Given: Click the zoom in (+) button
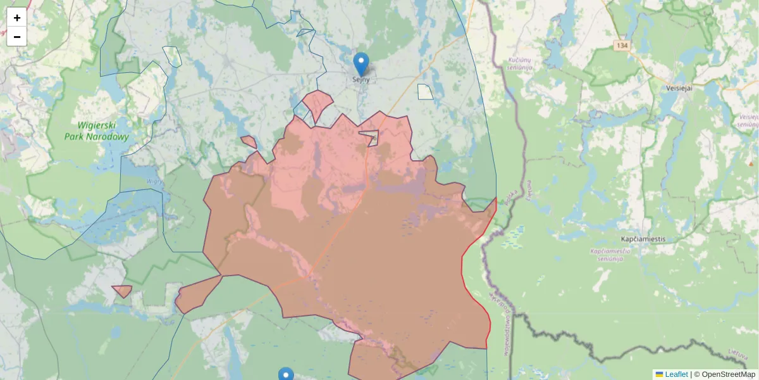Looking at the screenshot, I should tap(17, 18).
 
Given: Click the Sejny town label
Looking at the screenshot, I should tap(361, 80).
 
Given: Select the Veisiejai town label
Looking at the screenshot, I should tap(680, 88).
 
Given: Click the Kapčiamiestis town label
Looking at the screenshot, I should tap(639, 239).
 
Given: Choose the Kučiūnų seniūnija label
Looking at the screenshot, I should tap(523, 64).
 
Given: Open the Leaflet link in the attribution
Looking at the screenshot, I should tap(676, 374).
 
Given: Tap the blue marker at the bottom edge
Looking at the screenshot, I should tap(286, 374).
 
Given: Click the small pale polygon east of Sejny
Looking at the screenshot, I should tap(426, 92).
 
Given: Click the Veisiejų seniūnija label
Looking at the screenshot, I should tap(748, 121).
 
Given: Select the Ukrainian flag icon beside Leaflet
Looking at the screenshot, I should tap(660, 374).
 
